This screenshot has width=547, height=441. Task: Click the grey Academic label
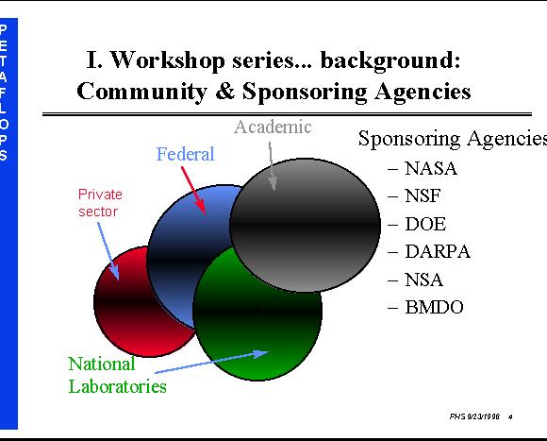[x=273, y=127]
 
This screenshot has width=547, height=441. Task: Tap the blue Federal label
[x=185, y=154]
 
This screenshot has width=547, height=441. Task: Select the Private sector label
[x=100, y=203]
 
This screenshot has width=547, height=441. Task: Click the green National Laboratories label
[x=117, y=375]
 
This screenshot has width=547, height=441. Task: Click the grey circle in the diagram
[x=306, y=225]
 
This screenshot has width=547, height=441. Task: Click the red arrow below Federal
[x=193, y=191]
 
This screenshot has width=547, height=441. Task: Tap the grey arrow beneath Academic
[x=272, y=166]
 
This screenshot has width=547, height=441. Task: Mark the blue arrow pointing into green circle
[x=211, y=362]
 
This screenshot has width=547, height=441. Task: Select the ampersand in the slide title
[x=225, y=92]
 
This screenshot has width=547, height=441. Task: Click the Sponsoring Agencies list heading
[x=453, y=139]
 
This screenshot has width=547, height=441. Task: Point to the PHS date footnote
[x=474, y=416]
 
